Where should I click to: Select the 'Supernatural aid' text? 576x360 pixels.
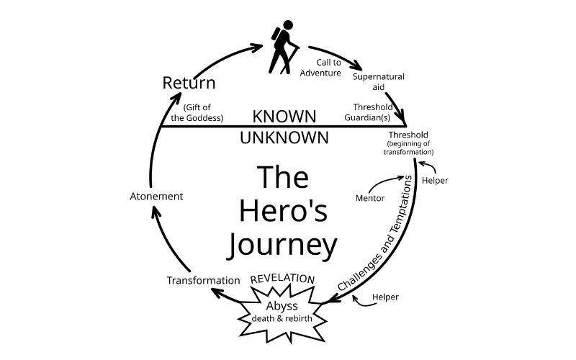(378, 81)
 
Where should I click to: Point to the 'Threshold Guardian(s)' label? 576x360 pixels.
(372, 112)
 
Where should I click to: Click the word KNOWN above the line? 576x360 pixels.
(284, 116)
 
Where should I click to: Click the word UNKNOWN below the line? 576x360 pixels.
(284, 137)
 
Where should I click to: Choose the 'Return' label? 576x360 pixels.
(189, 83)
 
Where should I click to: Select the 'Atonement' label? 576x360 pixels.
(156, 196)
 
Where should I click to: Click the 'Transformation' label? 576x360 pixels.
(203, 280)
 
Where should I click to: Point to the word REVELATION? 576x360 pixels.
(282, 279)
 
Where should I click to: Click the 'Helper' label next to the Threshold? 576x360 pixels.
(434, 180)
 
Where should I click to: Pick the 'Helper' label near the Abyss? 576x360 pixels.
(385, 297)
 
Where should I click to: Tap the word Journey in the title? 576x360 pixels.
(282, 245)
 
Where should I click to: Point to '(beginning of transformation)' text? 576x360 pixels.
(410, 148)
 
